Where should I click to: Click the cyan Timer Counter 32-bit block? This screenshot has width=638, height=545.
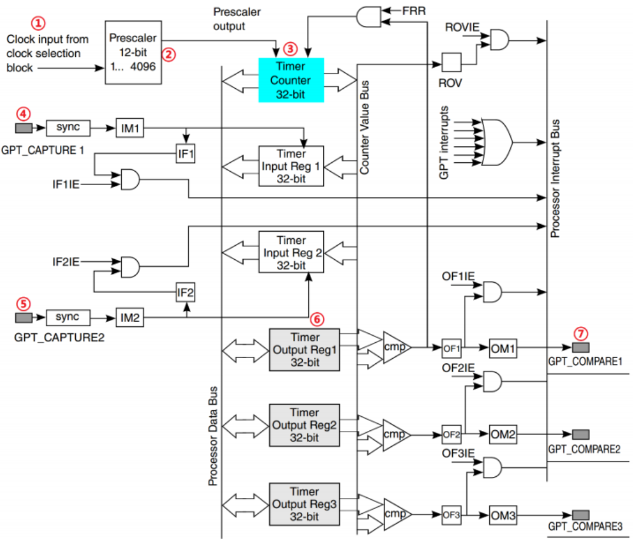[291, 80]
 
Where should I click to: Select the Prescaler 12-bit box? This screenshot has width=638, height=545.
[133, 52]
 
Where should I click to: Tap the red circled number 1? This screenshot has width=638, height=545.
[38, 23]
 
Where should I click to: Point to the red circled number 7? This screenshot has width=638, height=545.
[580, 334]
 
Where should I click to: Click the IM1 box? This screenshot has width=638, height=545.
[130, 128]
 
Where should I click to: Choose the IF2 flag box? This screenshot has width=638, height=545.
[186, 292]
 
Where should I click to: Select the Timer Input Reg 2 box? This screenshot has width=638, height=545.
[291, 252]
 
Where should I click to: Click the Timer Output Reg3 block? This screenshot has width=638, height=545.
[305, 504]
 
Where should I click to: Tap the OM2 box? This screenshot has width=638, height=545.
[503, 434]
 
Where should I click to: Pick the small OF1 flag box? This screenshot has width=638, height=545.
[452, 349]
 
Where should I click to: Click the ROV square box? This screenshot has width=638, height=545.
[451, 62]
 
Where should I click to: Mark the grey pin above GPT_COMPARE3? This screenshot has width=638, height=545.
[580, 515]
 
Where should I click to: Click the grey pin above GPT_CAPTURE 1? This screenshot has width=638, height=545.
[24, 128]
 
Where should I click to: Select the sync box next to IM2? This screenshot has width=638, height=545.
[68, 317]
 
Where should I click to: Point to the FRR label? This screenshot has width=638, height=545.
[414, 11]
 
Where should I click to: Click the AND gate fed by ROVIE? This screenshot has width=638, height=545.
[499, 39]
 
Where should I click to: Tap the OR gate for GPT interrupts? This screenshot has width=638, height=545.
[497, 142]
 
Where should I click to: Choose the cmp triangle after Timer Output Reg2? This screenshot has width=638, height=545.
[396, 435]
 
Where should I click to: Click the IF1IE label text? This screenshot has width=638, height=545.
[65, 184]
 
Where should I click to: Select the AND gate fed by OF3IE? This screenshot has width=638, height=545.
[492, 467]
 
